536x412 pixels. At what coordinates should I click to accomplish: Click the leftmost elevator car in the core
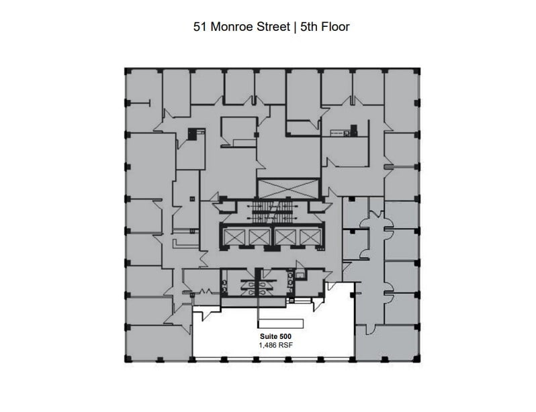point(233,237)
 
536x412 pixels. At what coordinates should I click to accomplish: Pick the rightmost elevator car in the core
point(310,237)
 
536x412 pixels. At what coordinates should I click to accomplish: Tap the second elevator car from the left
point(259,237)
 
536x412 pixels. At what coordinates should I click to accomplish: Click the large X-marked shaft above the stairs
point(288,189)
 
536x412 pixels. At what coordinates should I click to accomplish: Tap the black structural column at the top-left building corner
point(126,69)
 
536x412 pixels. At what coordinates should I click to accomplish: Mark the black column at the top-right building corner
point(417,69)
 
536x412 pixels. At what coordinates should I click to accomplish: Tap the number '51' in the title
point(199,28)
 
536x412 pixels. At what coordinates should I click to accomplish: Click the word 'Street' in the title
point(267,28)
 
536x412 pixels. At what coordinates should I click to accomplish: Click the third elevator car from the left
point(285,237)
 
